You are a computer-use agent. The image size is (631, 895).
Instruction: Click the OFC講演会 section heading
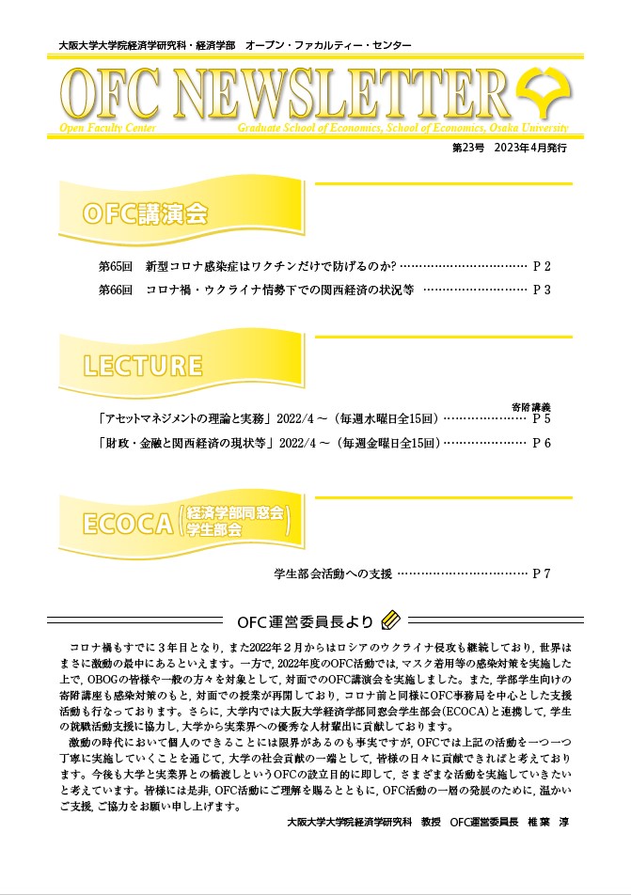pos(145,214)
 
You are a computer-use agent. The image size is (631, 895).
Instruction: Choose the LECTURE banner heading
pos(142,365)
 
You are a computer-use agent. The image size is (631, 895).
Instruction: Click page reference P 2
pos(542,267)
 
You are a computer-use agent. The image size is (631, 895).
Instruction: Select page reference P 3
pos(542,290)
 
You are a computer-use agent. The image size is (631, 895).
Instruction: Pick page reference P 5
pos(542,418)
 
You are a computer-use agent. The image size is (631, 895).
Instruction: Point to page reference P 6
pos(542,442)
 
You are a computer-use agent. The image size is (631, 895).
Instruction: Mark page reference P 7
pos(542,572)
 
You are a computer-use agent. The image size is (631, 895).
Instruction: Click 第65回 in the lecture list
pos(117,267)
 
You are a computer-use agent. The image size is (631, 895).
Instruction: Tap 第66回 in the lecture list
pos(117,290)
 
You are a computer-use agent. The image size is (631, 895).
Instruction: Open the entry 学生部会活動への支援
pos(332,572)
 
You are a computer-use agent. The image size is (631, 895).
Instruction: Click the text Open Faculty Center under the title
pos(98,127)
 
